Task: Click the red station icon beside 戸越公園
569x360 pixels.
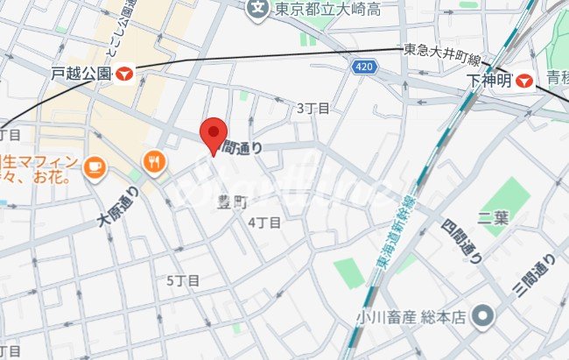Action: click(127, 74)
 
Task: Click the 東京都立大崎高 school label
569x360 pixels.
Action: click(326, 10)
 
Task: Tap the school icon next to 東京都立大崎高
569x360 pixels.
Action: click(257, 10)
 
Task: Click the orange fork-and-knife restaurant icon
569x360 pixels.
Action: click(155, 161)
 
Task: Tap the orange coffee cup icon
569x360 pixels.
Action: click(95, 164)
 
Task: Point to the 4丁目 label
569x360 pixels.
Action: click(264, 222)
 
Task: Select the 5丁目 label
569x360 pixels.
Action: click(183, 280)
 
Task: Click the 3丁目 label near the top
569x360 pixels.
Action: click(313, 108)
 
